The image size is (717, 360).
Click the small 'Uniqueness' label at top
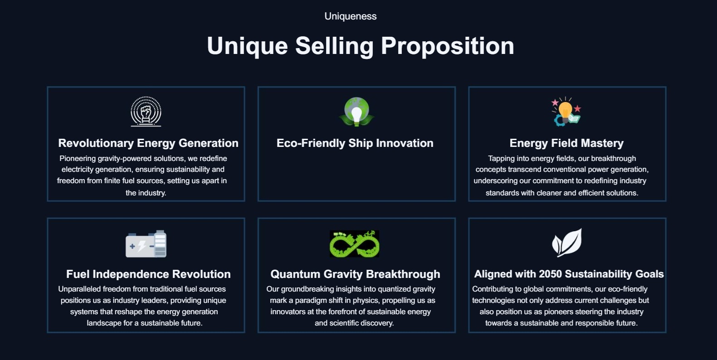tap(351, 16)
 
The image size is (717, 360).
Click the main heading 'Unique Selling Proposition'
tap(361, 46)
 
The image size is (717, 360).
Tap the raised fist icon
tap(146, 112)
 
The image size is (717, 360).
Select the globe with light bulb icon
tap(356, 112)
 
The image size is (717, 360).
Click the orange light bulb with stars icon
tap(566, 112)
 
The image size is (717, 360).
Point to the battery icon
tap(146, 244)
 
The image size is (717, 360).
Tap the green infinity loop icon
tap(354, 244)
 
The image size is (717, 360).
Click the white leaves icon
tap(567, 243)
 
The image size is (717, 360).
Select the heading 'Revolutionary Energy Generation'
tap(148, 143)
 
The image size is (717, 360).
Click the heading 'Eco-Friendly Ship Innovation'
tap(355, 143)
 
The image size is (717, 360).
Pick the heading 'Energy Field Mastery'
tap(566, 143)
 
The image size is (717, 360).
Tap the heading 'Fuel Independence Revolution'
tap(148, 274)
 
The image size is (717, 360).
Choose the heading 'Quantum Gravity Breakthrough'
tap(355, 274)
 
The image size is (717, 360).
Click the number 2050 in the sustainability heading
tap(550, 274)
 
